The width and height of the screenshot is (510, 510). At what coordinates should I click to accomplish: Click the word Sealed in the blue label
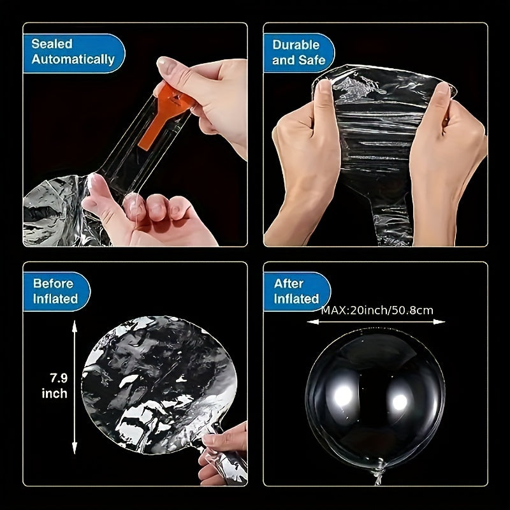tap(52, 44)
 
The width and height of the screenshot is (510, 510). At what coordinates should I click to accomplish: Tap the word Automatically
tap(73, 59)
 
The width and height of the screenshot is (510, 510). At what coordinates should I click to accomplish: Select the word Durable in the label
tap(296, 45)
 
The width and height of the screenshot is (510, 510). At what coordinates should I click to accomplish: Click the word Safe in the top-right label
tap(312, 60)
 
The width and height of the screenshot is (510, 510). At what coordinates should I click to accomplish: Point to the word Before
tap(54, 284)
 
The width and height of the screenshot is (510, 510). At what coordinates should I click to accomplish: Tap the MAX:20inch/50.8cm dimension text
tap(377, 310)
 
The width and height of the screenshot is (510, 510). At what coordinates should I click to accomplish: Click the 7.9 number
tap(59, 378)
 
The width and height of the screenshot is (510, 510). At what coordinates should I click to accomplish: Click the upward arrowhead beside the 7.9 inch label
tap(75, 326)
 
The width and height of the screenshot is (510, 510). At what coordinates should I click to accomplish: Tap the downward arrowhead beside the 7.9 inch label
tap(75, 448)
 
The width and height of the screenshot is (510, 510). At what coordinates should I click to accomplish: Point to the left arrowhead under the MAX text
tap(313, 322)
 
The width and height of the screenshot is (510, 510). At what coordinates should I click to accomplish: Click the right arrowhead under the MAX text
tap(439, 322)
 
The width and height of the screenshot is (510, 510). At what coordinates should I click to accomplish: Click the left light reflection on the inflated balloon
tap(343, 395)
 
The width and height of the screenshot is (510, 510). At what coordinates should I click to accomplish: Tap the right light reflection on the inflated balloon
tap(400, 402)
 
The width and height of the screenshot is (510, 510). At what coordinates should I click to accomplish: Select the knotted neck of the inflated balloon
tap(379, 473)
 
